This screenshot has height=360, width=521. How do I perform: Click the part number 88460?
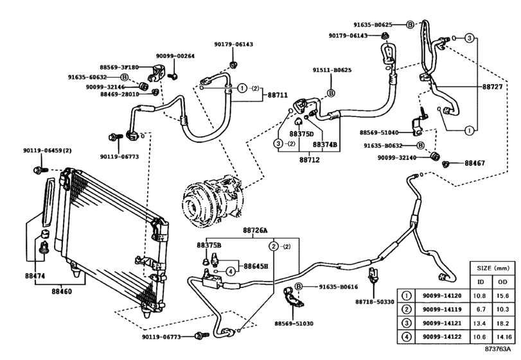(62, 290)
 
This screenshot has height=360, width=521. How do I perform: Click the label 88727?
(494, 86)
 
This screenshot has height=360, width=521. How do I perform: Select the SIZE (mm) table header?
(492, 266)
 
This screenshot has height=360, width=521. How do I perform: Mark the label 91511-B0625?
(331, 70)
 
